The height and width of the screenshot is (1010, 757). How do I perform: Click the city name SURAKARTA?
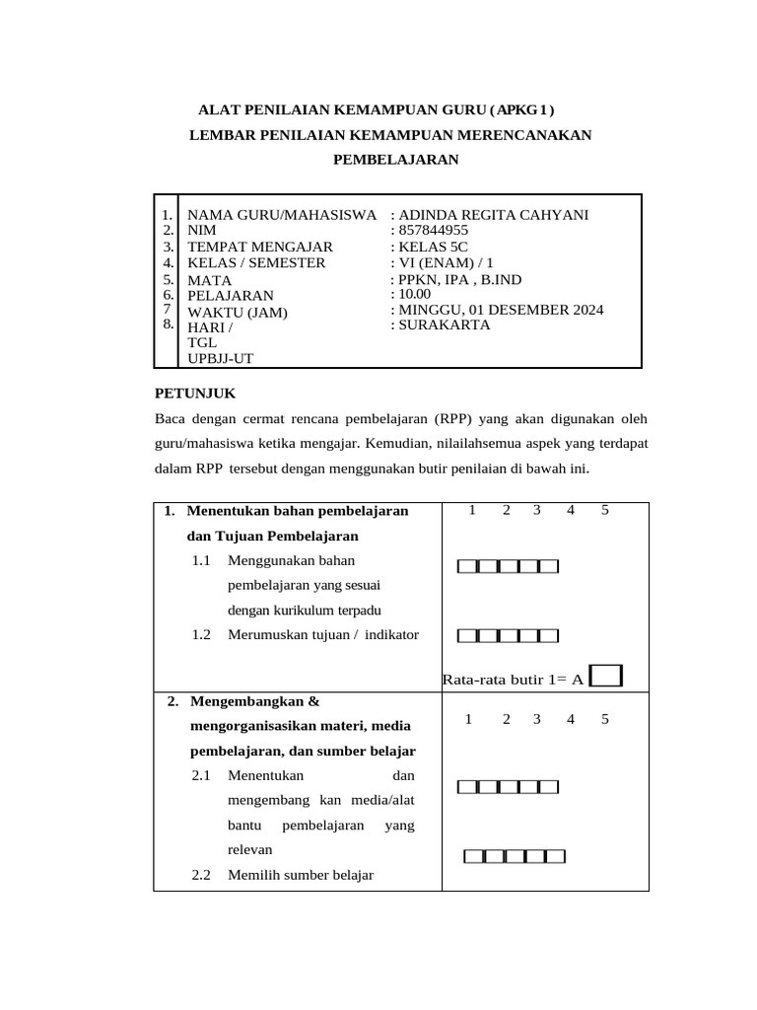coord(444,325)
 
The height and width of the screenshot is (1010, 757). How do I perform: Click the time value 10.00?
coord(414,294)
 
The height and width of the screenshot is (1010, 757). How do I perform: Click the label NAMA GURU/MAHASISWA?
coord(282,215)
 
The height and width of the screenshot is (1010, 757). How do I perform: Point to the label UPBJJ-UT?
coord(221,359)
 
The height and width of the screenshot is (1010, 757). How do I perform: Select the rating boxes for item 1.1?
coord(508,566)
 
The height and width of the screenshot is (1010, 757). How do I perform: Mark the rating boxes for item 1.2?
coord(508,635)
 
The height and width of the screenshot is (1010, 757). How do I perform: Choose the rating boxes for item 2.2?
coord(515,856)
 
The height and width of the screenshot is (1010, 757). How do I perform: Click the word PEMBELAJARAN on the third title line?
coord(395,158)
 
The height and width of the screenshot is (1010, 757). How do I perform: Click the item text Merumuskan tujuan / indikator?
coord(323,634)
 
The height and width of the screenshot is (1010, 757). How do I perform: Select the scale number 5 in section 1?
coord(605,510)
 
